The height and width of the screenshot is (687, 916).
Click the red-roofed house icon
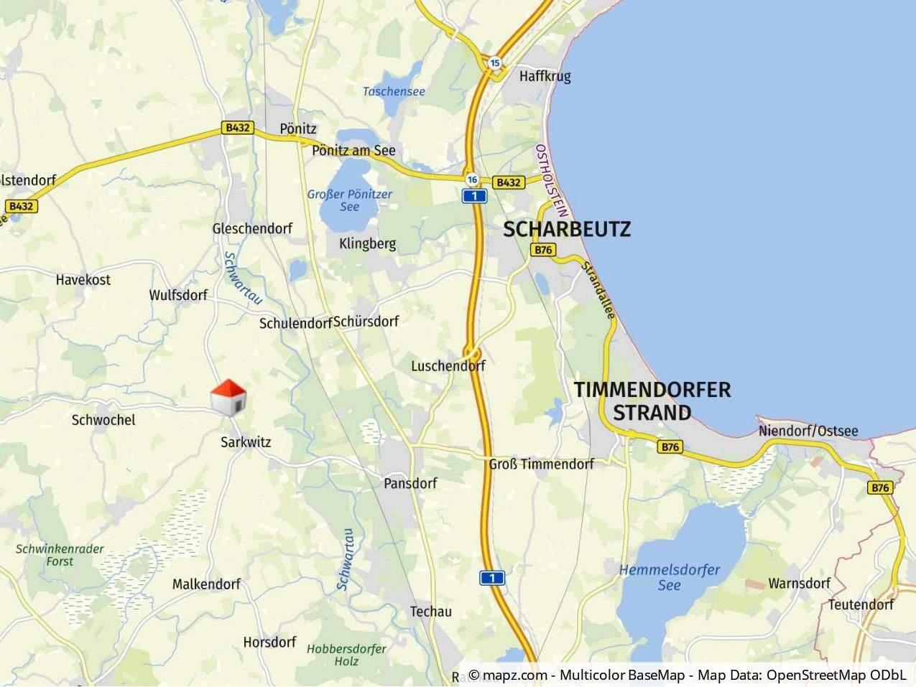tap(228, 396)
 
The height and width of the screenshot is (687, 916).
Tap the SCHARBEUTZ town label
tap(567, 229)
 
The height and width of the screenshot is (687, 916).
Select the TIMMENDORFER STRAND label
tap(652, 401)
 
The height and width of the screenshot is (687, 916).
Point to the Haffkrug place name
tap(545, 76)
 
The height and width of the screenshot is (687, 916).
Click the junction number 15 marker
tap(494, 63)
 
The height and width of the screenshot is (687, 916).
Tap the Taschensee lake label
tap(394, 91)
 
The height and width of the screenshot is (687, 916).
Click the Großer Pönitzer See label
tap(349, 200)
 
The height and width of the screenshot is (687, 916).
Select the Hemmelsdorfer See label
tap(670, 577)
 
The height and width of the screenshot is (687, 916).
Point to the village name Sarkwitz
tap(246, 442)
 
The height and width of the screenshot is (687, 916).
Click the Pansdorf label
tap(410, 483)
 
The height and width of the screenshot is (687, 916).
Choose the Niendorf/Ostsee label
tap(808, 431)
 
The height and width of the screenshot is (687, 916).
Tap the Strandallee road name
tap(598, 290)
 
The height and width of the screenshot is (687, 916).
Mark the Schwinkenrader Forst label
tap(60, 555)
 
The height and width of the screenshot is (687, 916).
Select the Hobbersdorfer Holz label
tap(346, 655)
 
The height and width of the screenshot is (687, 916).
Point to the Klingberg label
tap(367, 243)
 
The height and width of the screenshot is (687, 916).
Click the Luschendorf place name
tap(448, 366)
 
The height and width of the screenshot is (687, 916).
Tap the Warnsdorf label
tap(799, 583)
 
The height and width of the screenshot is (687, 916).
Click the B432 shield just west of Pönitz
tap(237, 128)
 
